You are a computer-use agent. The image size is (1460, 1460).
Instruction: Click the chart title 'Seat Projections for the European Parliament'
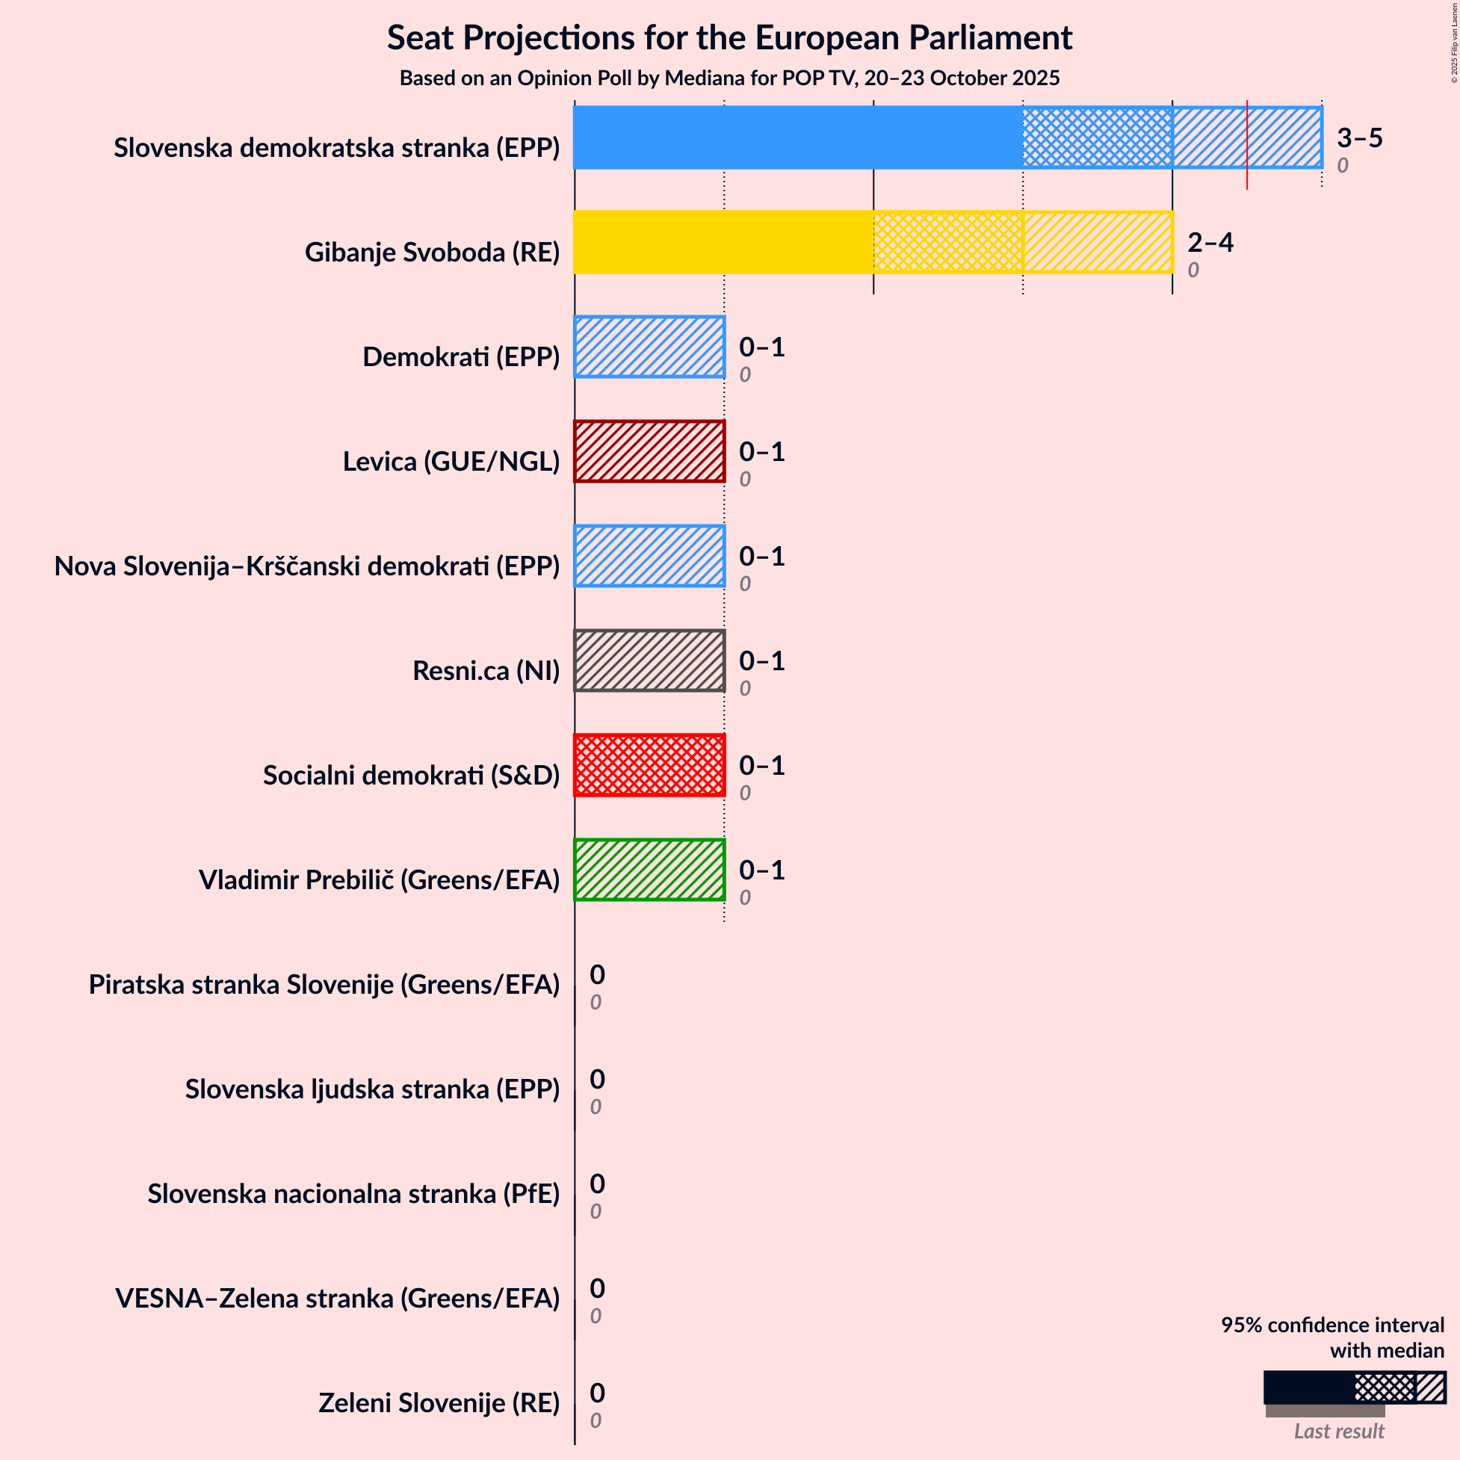point(729,38)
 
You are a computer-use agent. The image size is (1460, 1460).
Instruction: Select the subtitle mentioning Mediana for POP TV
point(729,78)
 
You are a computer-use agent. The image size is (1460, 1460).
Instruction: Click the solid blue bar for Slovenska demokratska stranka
point(797,137)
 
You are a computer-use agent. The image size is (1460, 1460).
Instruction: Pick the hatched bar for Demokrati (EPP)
point(649,347)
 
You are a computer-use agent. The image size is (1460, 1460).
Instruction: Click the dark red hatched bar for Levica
point(649,451)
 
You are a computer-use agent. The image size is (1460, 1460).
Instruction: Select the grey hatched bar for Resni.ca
point(649,661)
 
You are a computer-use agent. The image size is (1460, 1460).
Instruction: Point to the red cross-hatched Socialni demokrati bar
point(649,765)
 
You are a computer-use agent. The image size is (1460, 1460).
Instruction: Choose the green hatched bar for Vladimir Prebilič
point(649,870)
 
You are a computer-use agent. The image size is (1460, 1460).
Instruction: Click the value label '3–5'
point(1359,137)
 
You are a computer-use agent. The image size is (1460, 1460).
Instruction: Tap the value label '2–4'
point(1210,242)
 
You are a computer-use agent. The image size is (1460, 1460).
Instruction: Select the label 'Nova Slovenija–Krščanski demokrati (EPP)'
point(307,566)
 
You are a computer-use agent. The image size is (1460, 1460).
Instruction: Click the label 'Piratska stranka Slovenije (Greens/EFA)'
point(324,984)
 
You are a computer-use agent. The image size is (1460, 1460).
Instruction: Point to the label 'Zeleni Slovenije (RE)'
point(439,1402)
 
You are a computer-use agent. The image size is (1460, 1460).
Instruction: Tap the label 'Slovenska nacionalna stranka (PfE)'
point(353,1193)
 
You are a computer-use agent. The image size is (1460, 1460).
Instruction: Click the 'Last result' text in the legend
point(1339,1431)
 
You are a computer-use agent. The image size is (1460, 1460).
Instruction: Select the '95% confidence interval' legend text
point(1332,1325)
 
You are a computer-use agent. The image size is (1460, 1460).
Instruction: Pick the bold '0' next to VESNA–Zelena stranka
point(597,1287)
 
